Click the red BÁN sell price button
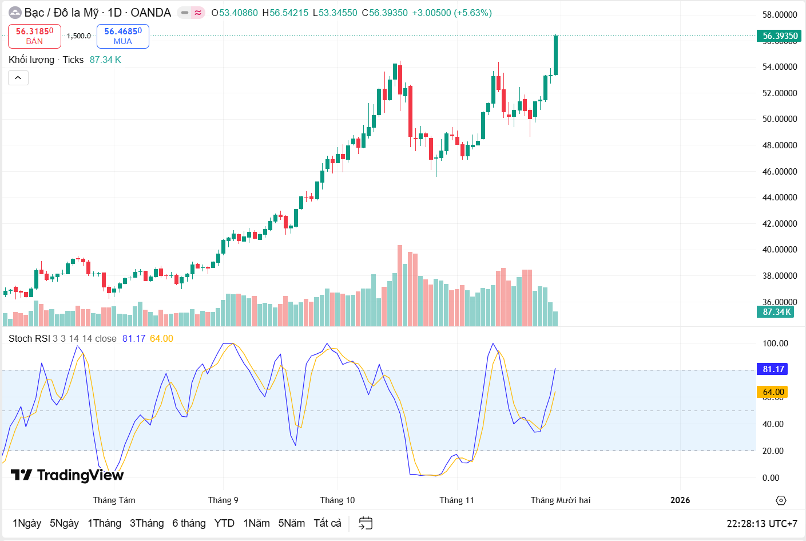[34, 36]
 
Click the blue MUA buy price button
[123, 36]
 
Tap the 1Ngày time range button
[27, 523]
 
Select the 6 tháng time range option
[189, 523]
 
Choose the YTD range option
[224, 523]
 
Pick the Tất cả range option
[327, 523]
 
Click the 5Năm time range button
[291, 523]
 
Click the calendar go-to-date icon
[366, 523]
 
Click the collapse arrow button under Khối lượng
[18, 78]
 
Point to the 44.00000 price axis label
[780, 198]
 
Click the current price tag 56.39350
[780, 36]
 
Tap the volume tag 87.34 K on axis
[776, 312]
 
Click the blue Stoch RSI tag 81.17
[773, 369]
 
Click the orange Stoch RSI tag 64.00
[773, 392]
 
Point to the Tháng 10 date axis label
[338, 500]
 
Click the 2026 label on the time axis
[680, 500]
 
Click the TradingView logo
[67, 475]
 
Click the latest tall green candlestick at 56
[555, 55]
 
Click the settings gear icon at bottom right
[781, 500]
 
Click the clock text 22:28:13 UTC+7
[761, 524]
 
